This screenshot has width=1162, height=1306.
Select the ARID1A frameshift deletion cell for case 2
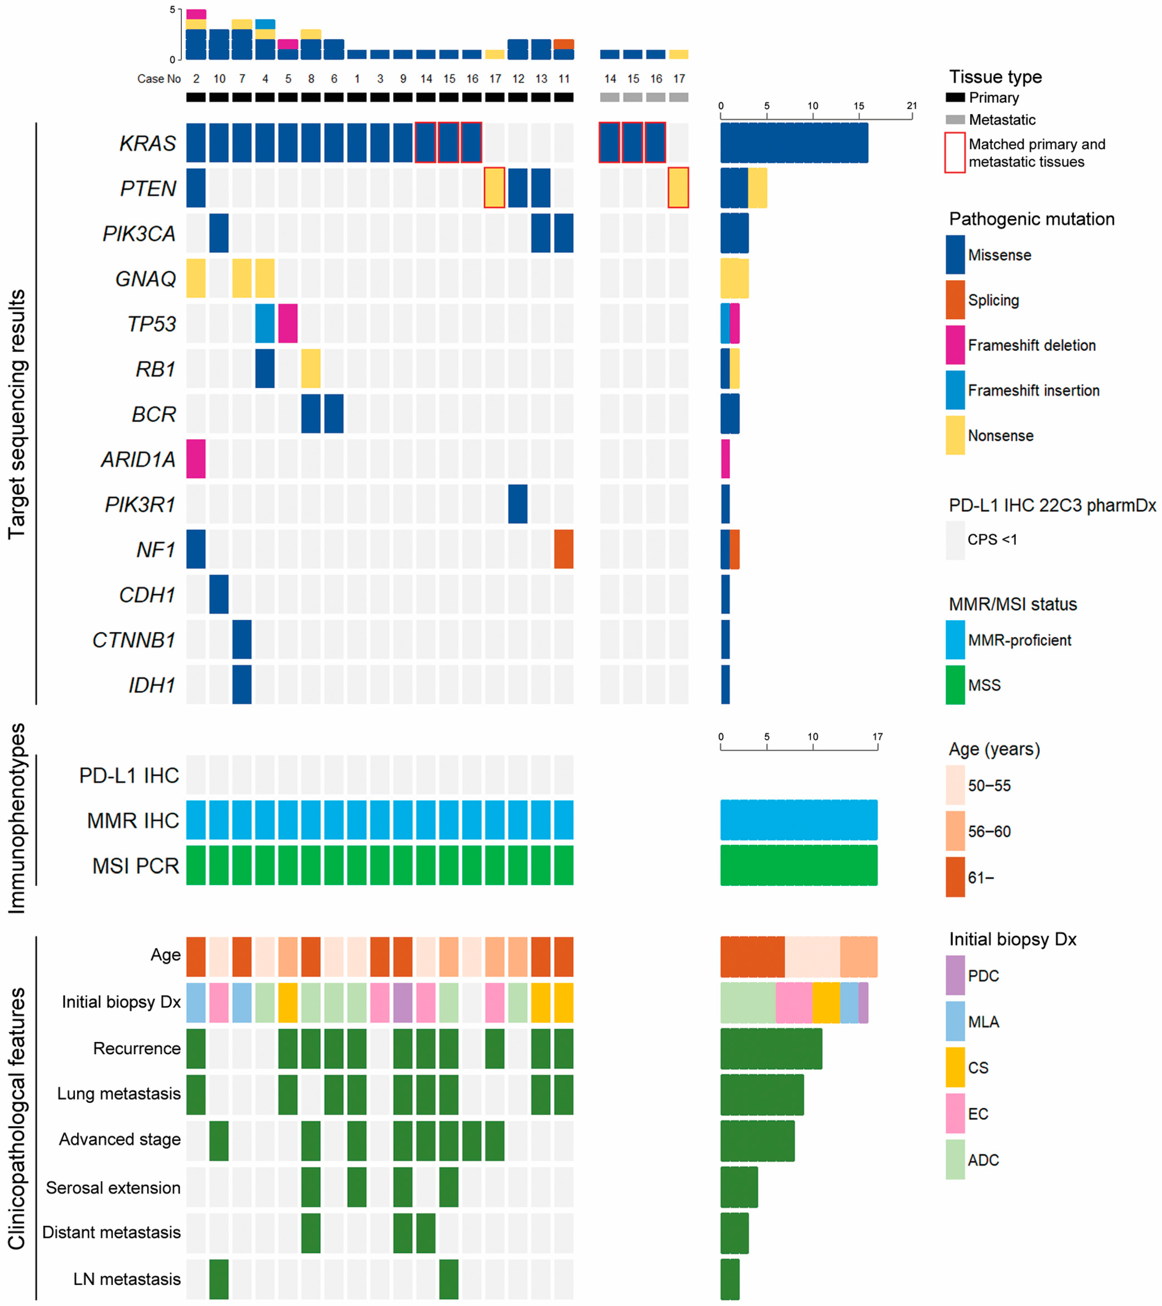coord(196,459)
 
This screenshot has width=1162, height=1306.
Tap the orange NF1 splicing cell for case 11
coord(563,549)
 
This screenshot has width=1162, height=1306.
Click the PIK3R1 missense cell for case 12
coord(518,503)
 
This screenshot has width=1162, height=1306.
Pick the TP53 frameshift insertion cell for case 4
coord(265,323)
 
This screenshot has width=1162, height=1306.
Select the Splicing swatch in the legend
coord(955,300)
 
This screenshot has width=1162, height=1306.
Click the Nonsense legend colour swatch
coord(955,435)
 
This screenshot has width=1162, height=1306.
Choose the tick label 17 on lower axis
coord(877,737)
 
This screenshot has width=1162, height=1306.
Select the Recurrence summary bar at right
coord(771,1048)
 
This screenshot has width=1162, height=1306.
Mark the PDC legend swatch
coord(955,976)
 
